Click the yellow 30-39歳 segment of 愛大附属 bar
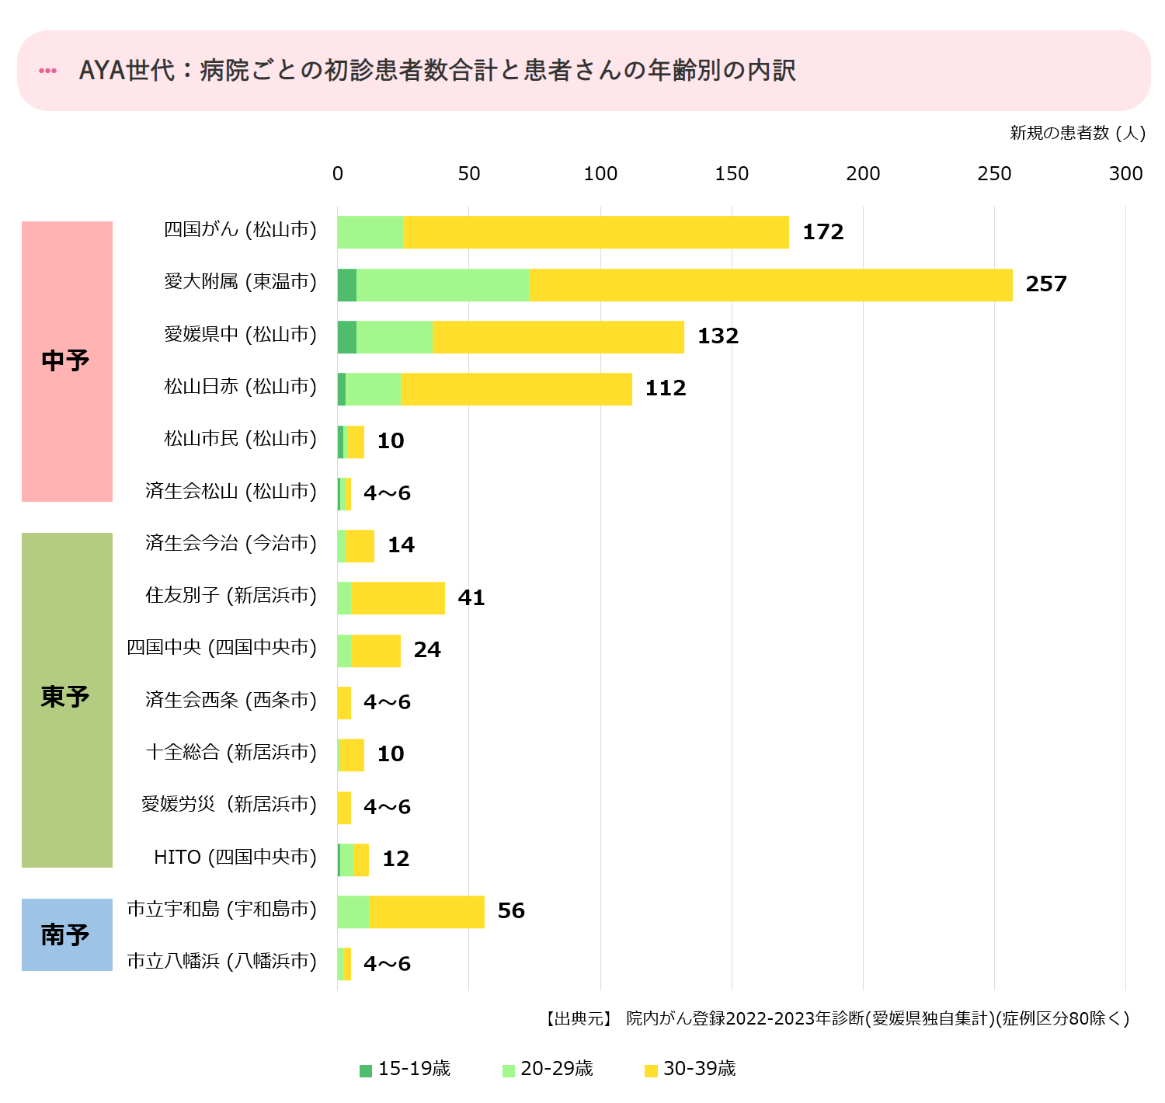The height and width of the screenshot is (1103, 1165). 770,285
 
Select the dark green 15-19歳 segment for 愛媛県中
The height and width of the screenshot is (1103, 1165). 346,337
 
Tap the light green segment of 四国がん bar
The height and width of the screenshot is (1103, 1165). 370,232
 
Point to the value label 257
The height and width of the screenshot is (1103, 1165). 1046,284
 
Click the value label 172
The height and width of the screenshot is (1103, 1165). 822,232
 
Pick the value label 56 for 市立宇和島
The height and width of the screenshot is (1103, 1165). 511,911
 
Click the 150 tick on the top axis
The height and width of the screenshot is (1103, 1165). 732,174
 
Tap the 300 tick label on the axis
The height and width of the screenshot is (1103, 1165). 1125,174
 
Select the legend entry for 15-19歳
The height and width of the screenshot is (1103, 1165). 405,1070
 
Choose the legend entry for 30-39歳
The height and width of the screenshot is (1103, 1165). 690,1070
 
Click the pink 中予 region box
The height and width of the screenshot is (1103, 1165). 67,361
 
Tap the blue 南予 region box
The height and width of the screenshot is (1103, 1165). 67,934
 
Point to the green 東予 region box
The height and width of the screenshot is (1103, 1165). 67,699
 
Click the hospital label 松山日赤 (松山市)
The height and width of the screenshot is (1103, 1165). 240,387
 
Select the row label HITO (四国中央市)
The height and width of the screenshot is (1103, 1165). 235,858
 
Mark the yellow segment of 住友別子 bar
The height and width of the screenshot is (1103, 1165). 398,598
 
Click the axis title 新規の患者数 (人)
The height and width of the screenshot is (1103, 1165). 1077,133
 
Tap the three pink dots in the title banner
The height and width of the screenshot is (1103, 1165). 48,71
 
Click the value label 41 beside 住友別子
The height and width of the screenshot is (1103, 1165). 471,598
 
